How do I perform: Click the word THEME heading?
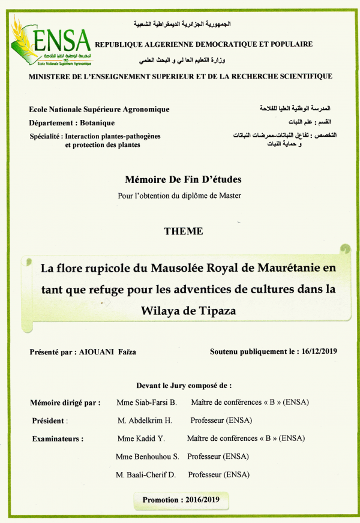[183, 231]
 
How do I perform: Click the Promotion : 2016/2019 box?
[179, 499]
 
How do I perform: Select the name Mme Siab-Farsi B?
[146, 402]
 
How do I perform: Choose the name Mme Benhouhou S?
[148, 456]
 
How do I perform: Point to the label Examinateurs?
[57, 439]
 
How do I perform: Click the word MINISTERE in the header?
[55, 77]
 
